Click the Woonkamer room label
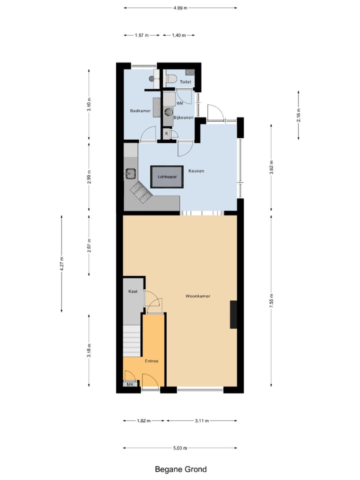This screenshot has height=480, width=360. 197,296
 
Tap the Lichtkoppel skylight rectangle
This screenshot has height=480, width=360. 166,176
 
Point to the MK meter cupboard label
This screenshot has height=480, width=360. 129,384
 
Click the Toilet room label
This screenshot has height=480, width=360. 185,81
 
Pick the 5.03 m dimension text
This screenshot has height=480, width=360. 180,448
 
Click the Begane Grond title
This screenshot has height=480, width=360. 180,469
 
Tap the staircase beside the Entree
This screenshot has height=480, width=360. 132,340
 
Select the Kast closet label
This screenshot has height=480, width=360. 132,291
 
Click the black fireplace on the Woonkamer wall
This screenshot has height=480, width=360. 233,314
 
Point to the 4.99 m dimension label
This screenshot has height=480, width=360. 180,8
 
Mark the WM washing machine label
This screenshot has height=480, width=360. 179,102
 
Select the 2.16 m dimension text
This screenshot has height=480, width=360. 298,115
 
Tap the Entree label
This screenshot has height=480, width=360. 151,360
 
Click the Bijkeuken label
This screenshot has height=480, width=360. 183,117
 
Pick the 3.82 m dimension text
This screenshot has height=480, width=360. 271,167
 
